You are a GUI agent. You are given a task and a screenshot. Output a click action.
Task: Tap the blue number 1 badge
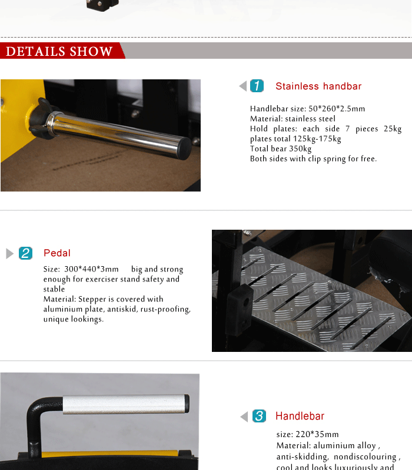[x=257, y=86]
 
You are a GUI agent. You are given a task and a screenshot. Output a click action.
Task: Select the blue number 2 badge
[x=25, y=253]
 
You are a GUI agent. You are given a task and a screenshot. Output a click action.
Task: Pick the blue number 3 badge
[x=259, y=416]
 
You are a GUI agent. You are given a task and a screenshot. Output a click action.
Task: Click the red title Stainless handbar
[x=318, y=86]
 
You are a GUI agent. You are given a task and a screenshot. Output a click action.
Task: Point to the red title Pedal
[x=57, y=253]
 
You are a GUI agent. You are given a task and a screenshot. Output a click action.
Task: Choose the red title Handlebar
[x=300, y=416]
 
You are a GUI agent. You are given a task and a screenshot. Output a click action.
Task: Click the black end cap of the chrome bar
[x=184, y=149]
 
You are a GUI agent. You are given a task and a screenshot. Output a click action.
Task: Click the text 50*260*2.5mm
[x=337, y=109]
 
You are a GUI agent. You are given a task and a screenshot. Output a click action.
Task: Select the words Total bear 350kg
[x=281, y=149]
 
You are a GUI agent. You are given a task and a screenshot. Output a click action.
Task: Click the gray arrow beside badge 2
[x=9, y=253]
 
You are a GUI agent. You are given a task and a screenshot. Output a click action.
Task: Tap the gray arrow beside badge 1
[x=243, y=86]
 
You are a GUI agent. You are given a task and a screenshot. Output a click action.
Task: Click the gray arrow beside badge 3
[x=244, y=417]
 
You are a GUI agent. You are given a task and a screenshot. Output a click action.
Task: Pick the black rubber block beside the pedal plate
[x=240, y=310]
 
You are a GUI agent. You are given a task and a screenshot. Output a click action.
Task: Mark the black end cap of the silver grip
[x=187, y=404]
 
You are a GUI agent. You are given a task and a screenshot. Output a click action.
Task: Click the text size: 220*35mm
[x=307, y=434]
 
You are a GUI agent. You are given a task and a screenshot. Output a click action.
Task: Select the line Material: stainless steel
[x=293, y=119]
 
